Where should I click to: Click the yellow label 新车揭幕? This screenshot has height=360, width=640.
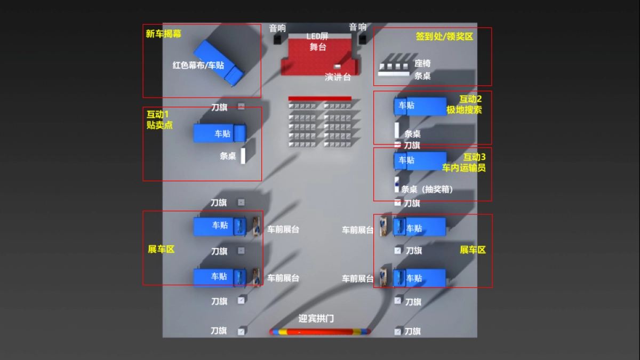(164, 34)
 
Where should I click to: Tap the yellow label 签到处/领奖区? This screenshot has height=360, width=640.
(444, 37)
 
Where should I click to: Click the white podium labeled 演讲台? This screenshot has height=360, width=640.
(337, 67)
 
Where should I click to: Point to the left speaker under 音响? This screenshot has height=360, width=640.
(278, 39)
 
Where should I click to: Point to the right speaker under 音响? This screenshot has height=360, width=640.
(363, 38)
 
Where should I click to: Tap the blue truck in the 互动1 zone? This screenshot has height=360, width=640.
(219, 133)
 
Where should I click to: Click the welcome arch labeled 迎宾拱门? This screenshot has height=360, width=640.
(320, 332)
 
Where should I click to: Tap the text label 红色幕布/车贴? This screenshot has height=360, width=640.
(198, 65)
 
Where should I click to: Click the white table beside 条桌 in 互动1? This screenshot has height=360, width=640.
(243, 156)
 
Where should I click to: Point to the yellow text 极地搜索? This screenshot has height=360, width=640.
(464, 110)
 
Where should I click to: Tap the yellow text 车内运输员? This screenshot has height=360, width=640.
(463, 168)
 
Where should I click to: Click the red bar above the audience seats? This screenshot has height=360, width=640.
(319, 99)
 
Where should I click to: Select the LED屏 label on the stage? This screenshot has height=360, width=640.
(317, 36)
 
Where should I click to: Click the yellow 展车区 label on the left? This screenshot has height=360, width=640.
(161, 249)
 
